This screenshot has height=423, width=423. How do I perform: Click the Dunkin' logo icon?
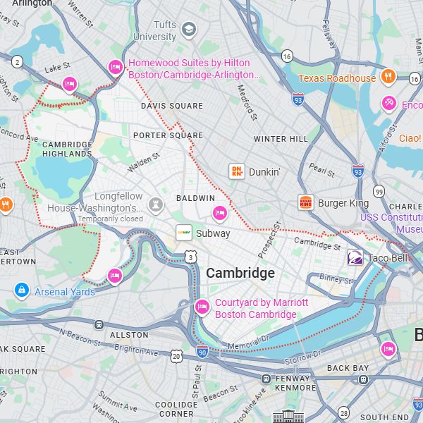[237, 171]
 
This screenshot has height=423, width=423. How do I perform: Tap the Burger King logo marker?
[305, 203]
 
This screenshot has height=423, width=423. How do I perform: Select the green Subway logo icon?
[184, 233]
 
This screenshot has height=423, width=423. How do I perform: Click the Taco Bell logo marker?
[355, 258]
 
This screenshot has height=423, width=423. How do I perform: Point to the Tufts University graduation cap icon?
[188, 30]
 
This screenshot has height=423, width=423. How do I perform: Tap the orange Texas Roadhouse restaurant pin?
[387, 78]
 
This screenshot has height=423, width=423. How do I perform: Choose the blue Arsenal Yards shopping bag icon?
[22, 290]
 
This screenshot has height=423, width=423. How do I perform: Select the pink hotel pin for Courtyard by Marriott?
[202, 307]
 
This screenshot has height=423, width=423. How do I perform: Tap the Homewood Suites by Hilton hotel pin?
[116, 68]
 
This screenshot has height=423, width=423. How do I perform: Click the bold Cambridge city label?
[240, 274]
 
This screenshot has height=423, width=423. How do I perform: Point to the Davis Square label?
[171, 106]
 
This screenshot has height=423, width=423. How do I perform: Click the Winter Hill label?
[281, 139]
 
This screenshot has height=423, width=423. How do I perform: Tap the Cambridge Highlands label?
[67, 149]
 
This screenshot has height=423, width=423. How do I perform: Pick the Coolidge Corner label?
[176, 409]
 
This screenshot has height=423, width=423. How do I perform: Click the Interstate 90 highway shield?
[202, 351]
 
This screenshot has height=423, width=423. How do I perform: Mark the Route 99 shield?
[379, 192]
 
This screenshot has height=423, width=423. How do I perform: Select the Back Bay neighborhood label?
[348, 368]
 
